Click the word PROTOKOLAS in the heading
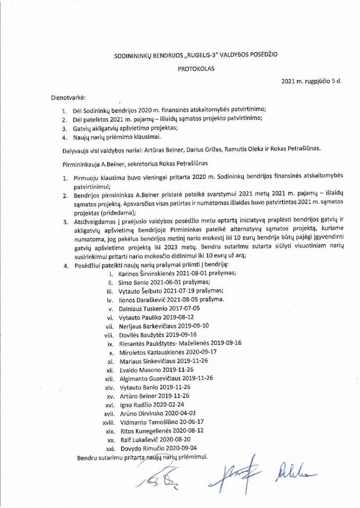196,70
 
